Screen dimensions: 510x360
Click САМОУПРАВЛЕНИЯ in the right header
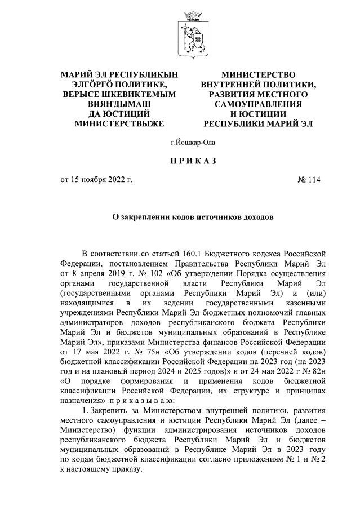(x=258, y=104)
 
